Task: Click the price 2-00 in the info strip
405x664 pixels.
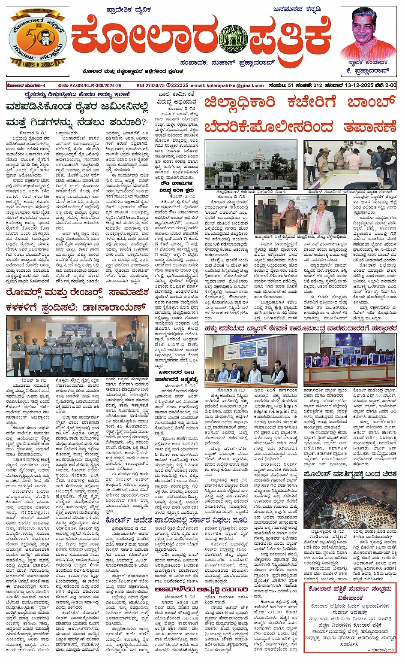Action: coord(390,85)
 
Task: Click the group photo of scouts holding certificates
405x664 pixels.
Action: coord(72,346)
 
